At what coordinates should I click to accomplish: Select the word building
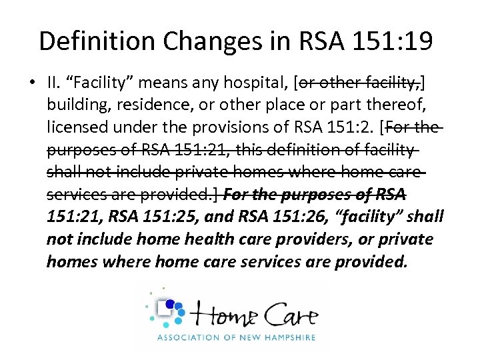coord(74,105)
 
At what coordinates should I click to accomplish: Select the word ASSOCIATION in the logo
coord(187,338)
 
